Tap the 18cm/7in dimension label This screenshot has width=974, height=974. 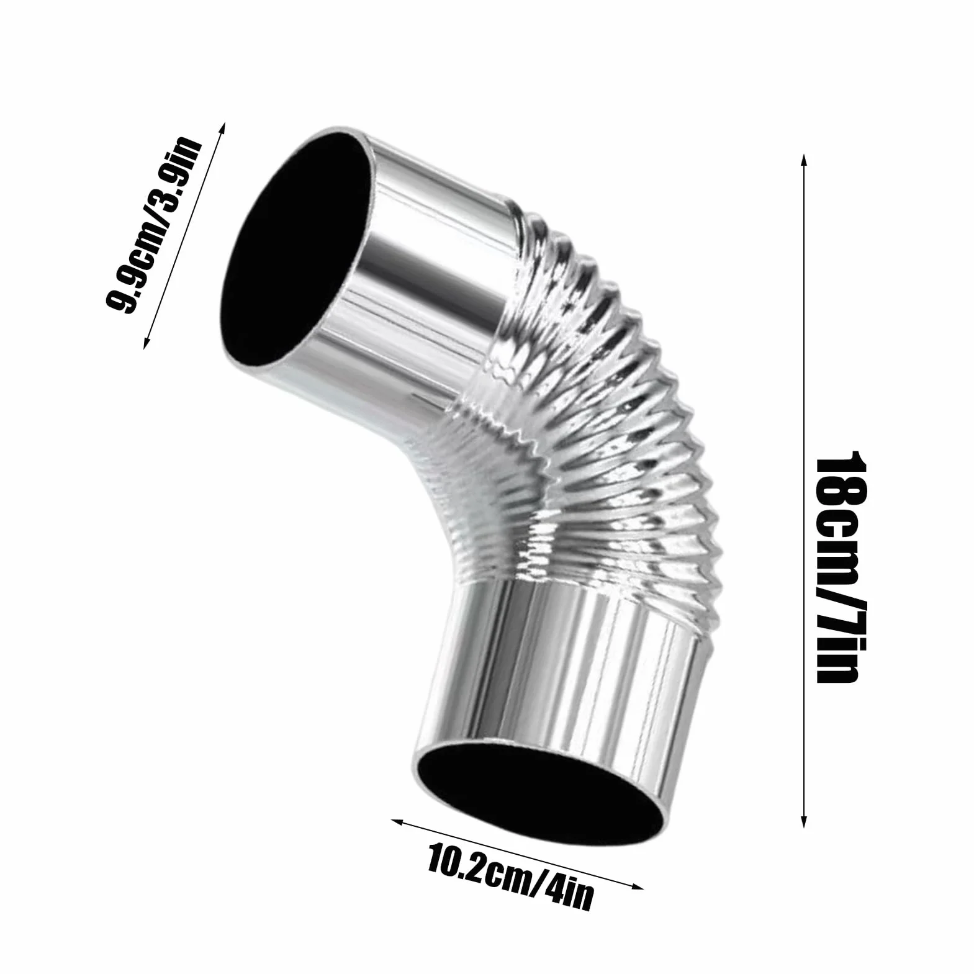pos(838,566)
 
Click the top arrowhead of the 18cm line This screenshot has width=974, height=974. pos(804,160)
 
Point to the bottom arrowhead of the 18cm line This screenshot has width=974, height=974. pos(804,822)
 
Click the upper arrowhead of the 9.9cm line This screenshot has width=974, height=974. pos(222,128)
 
